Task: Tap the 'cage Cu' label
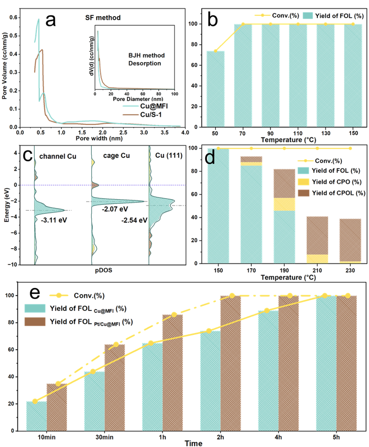(x=116, y=156)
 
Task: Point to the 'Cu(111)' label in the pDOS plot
(x=169, y=156)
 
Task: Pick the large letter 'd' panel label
(x=210, y=158)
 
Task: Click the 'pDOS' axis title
(x=103, y=268)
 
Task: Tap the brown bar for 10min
(x=57, y=406)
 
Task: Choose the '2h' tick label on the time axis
(x=220, y=437)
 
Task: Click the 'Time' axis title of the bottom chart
(x=194, y=443)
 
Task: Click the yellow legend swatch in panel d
(x=303, y=182)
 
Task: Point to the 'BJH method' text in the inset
(x=146, y=55)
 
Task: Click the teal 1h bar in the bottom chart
(x=151, y=386)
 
